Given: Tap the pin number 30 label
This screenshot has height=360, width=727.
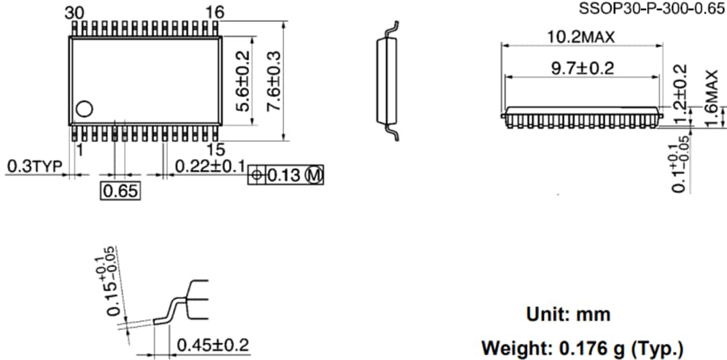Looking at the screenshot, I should [x=75, y=13].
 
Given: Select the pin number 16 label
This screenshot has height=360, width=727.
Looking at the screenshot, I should [x=215, y=13].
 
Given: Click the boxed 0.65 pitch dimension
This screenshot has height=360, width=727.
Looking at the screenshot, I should [x=120, y=191].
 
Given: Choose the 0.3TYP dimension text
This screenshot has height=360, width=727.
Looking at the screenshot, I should [x=34, y=166].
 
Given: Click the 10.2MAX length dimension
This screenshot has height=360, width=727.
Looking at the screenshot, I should [x=580, y=37].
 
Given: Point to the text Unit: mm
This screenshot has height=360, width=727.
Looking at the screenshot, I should [x=568, y=314].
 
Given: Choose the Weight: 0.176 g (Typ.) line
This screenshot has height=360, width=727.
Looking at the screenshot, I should [x=582, y=349].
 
